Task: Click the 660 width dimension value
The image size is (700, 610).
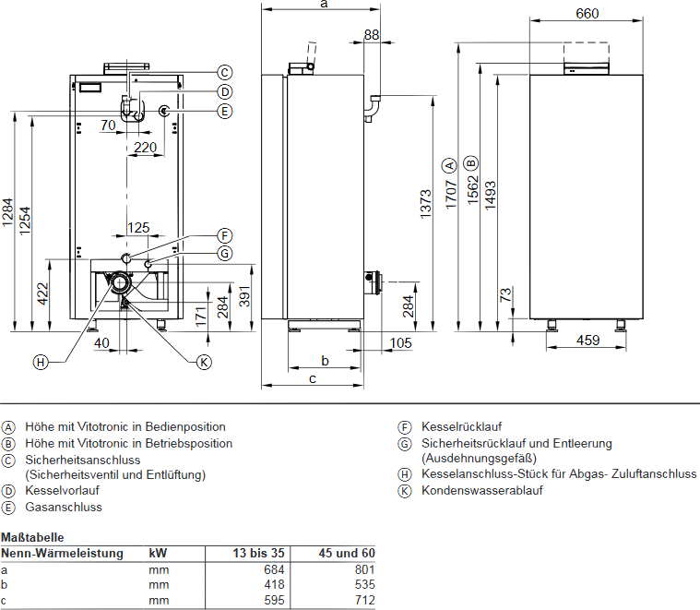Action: pos(587,13)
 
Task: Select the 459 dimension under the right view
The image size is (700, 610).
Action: pos(587,341)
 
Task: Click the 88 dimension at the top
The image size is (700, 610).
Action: pos(371,35)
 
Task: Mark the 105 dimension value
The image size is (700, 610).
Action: pos(400,343)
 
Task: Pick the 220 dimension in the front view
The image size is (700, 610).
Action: pos(145,147)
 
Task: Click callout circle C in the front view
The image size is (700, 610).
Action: pos(225,72)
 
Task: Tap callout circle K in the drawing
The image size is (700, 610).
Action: pos(205,362)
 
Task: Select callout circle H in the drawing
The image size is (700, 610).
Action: pos(40,362)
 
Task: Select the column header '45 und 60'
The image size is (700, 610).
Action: pos(349,554)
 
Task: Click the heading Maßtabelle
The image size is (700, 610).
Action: pos(31,536)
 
